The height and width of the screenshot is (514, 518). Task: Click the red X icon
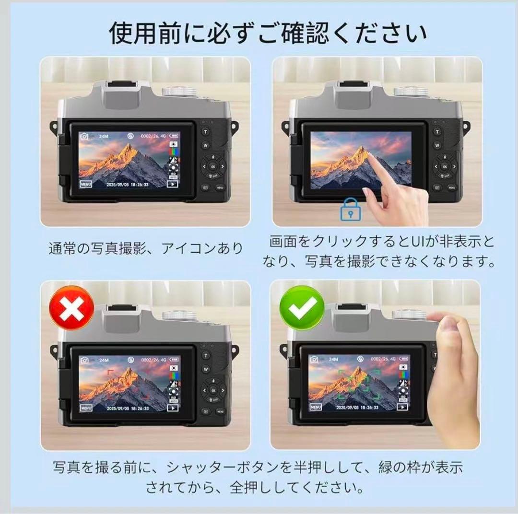point(72,308)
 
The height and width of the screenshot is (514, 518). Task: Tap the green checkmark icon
point(302,308)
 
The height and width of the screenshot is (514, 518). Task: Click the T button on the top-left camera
point(206,131)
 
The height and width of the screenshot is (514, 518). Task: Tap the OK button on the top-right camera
point(444,166)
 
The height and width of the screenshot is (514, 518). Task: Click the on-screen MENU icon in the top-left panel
point(86,184)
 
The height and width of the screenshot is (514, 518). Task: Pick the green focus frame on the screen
point(359,384)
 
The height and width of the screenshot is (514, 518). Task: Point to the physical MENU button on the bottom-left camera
point(220,411)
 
